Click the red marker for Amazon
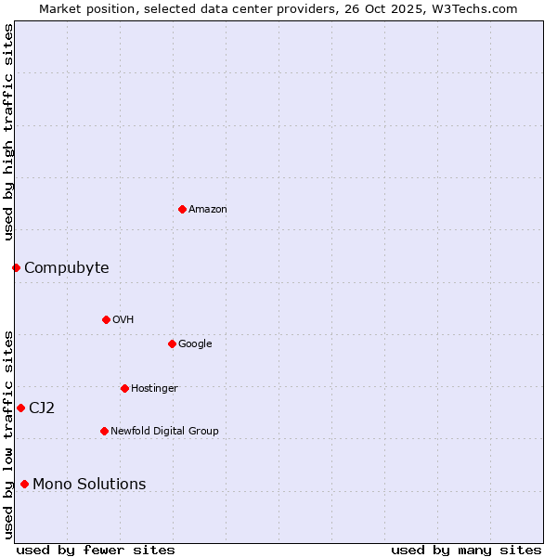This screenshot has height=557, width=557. click(x=182, y=209)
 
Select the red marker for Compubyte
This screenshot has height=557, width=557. click(x=16, y=267)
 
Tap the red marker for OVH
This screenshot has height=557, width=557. click(x=106, y=319)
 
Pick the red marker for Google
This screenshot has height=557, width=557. click(x=172, y=343)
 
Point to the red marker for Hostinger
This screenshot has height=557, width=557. click(x=124, y=388)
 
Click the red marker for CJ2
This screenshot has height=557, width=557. click(x=20, y=408)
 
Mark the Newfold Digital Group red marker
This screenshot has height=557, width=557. click(x=104, y=431)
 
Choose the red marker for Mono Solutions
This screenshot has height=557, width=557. click(x=24, y=484)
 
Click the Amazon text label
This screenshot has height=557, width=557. click(x=208, y=210)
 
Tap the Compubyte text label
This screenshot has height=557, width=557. click(x=67, y=268)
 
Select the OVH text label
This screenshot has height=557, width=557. click(x=123, y=320)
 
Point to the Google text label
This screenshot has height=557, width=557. click(x=195, y=344)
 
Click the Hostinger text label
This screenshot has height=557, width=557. click(x=154, y=388)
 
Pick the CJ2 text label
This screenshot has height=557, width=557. click(x=42, y=408)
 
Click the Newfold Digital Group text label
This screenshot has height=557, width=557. click(x=164, y=431)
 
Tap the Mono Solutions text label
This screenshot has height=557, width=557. click(x=89, y=485)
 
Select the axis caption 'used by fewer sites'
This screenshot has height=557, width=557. click(x=96, y=550)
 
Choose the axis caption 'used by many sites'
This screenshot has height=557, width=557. click(x=466, y=550)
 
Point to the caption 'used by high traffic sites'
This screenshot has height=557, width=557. click(x=9, y=132)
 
